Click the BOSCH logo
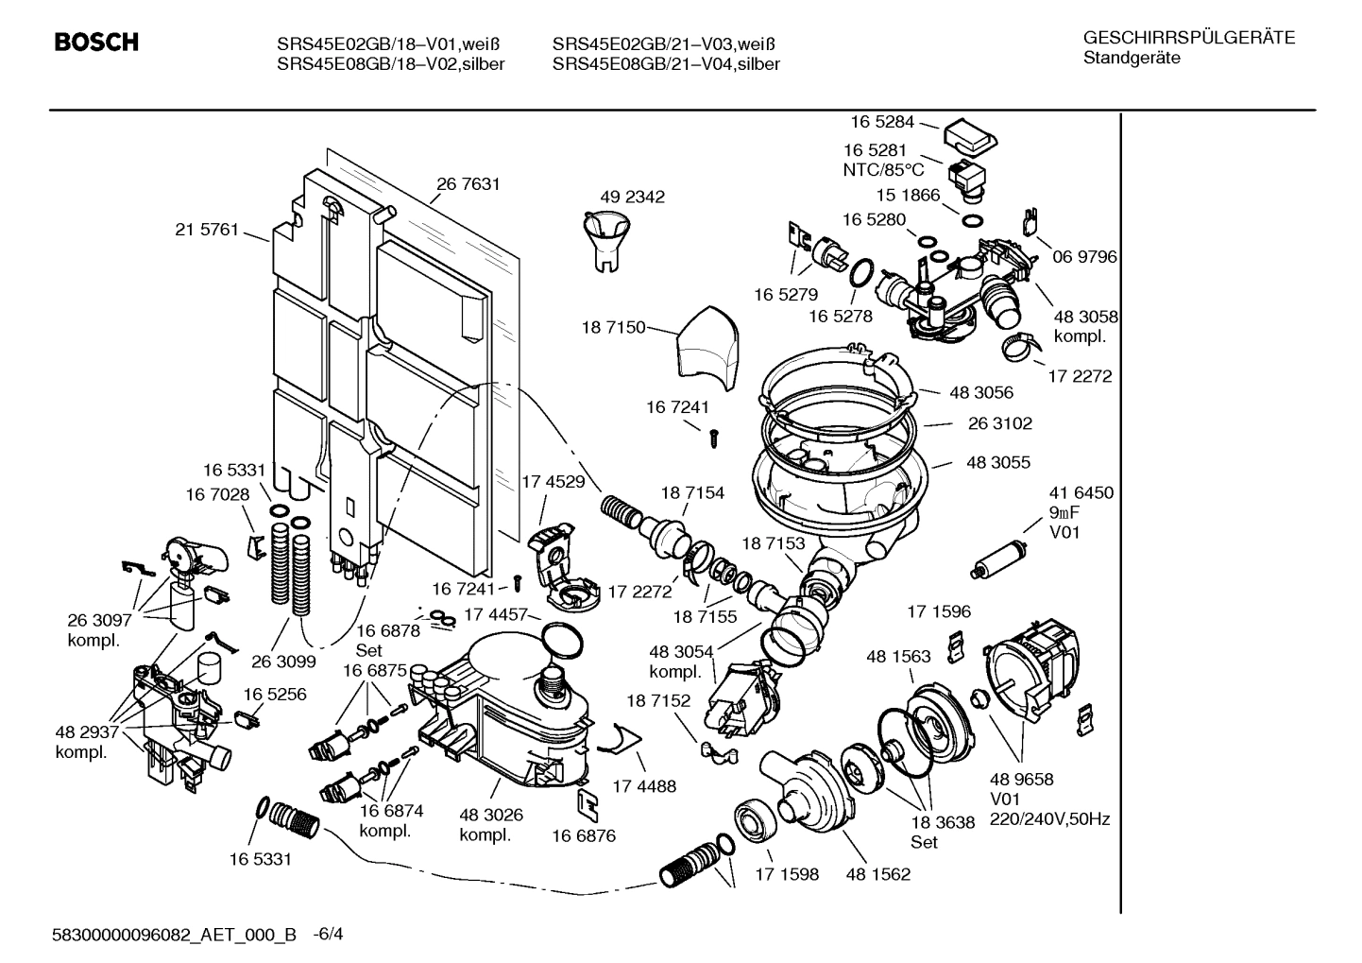point(96,43)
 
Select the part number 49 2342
point(632,197)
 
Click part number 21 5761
point(207,229)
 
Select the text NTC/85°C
point(883,170)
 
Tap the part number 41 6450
point(1081,492)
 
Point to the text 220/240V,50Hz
point(1049,819)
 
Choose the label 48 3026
point(491,815)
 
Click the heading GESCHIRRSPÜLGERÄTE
point(1189,38)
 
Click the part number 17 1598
point(786,874)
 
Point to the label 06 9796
point(1084,257)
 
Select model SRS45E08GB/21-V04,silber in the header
point(666,64)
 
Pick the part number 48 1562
point(878,874)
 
